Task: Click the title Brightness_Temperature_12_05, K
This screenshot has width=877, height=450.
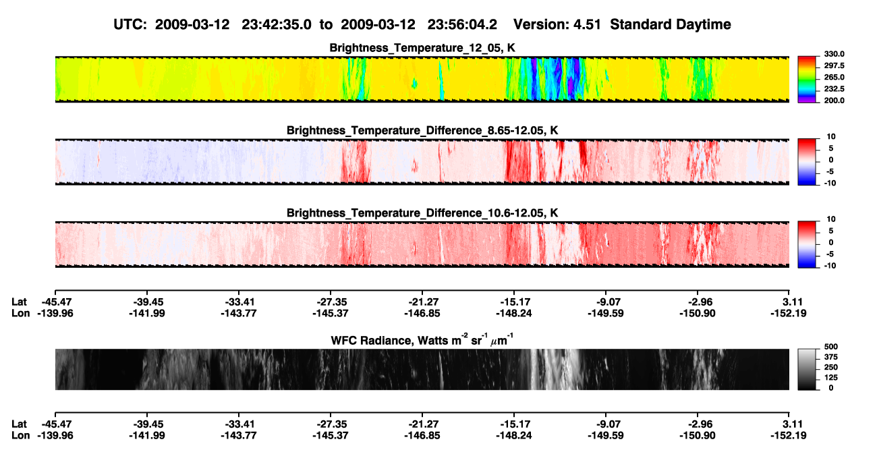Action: (422, 48)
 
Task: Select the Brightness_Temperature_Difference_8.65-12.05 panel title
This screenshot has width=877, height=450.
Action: (422, 130)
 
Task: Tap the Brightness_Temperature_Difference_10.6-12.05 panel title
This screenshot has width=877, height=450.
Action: (422, 213)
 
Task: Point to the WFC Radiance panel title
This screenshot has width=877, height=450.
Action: (422, 340)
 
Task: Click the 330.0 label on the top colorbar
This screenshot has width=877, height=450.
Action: (834, 54)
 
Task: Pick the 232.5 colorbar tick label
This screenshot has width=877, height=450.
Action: (834, 89)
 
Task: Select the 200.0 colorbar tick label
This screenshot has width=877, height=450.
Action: (834, 101)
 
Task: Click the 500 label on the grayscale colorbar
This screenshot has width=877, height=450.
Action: (831, 347)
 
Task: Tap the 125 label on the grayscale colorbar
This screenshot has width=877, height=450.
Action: (831, 378)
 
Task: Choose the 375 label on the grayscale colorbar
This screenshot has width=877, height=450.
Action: (831, 357)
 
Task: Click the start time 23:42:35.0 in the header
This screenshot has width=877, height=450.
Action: (277, 25)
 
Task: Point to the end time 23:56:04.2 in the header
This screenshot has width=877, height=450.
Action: (462, 25)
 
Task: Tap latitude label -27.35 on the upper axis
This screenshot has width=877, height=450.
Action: (331, 302)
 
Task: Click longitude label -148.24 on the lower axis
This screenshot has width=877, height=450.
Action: (513, 436)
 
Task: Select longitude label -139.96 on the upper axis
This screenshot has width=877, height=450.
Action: (55, 313)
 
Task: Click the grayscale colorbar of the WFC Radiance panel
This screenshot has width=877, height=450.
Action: (807, 369)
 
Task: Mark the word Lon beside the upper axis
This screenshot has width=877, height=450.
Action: (20, 313)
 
